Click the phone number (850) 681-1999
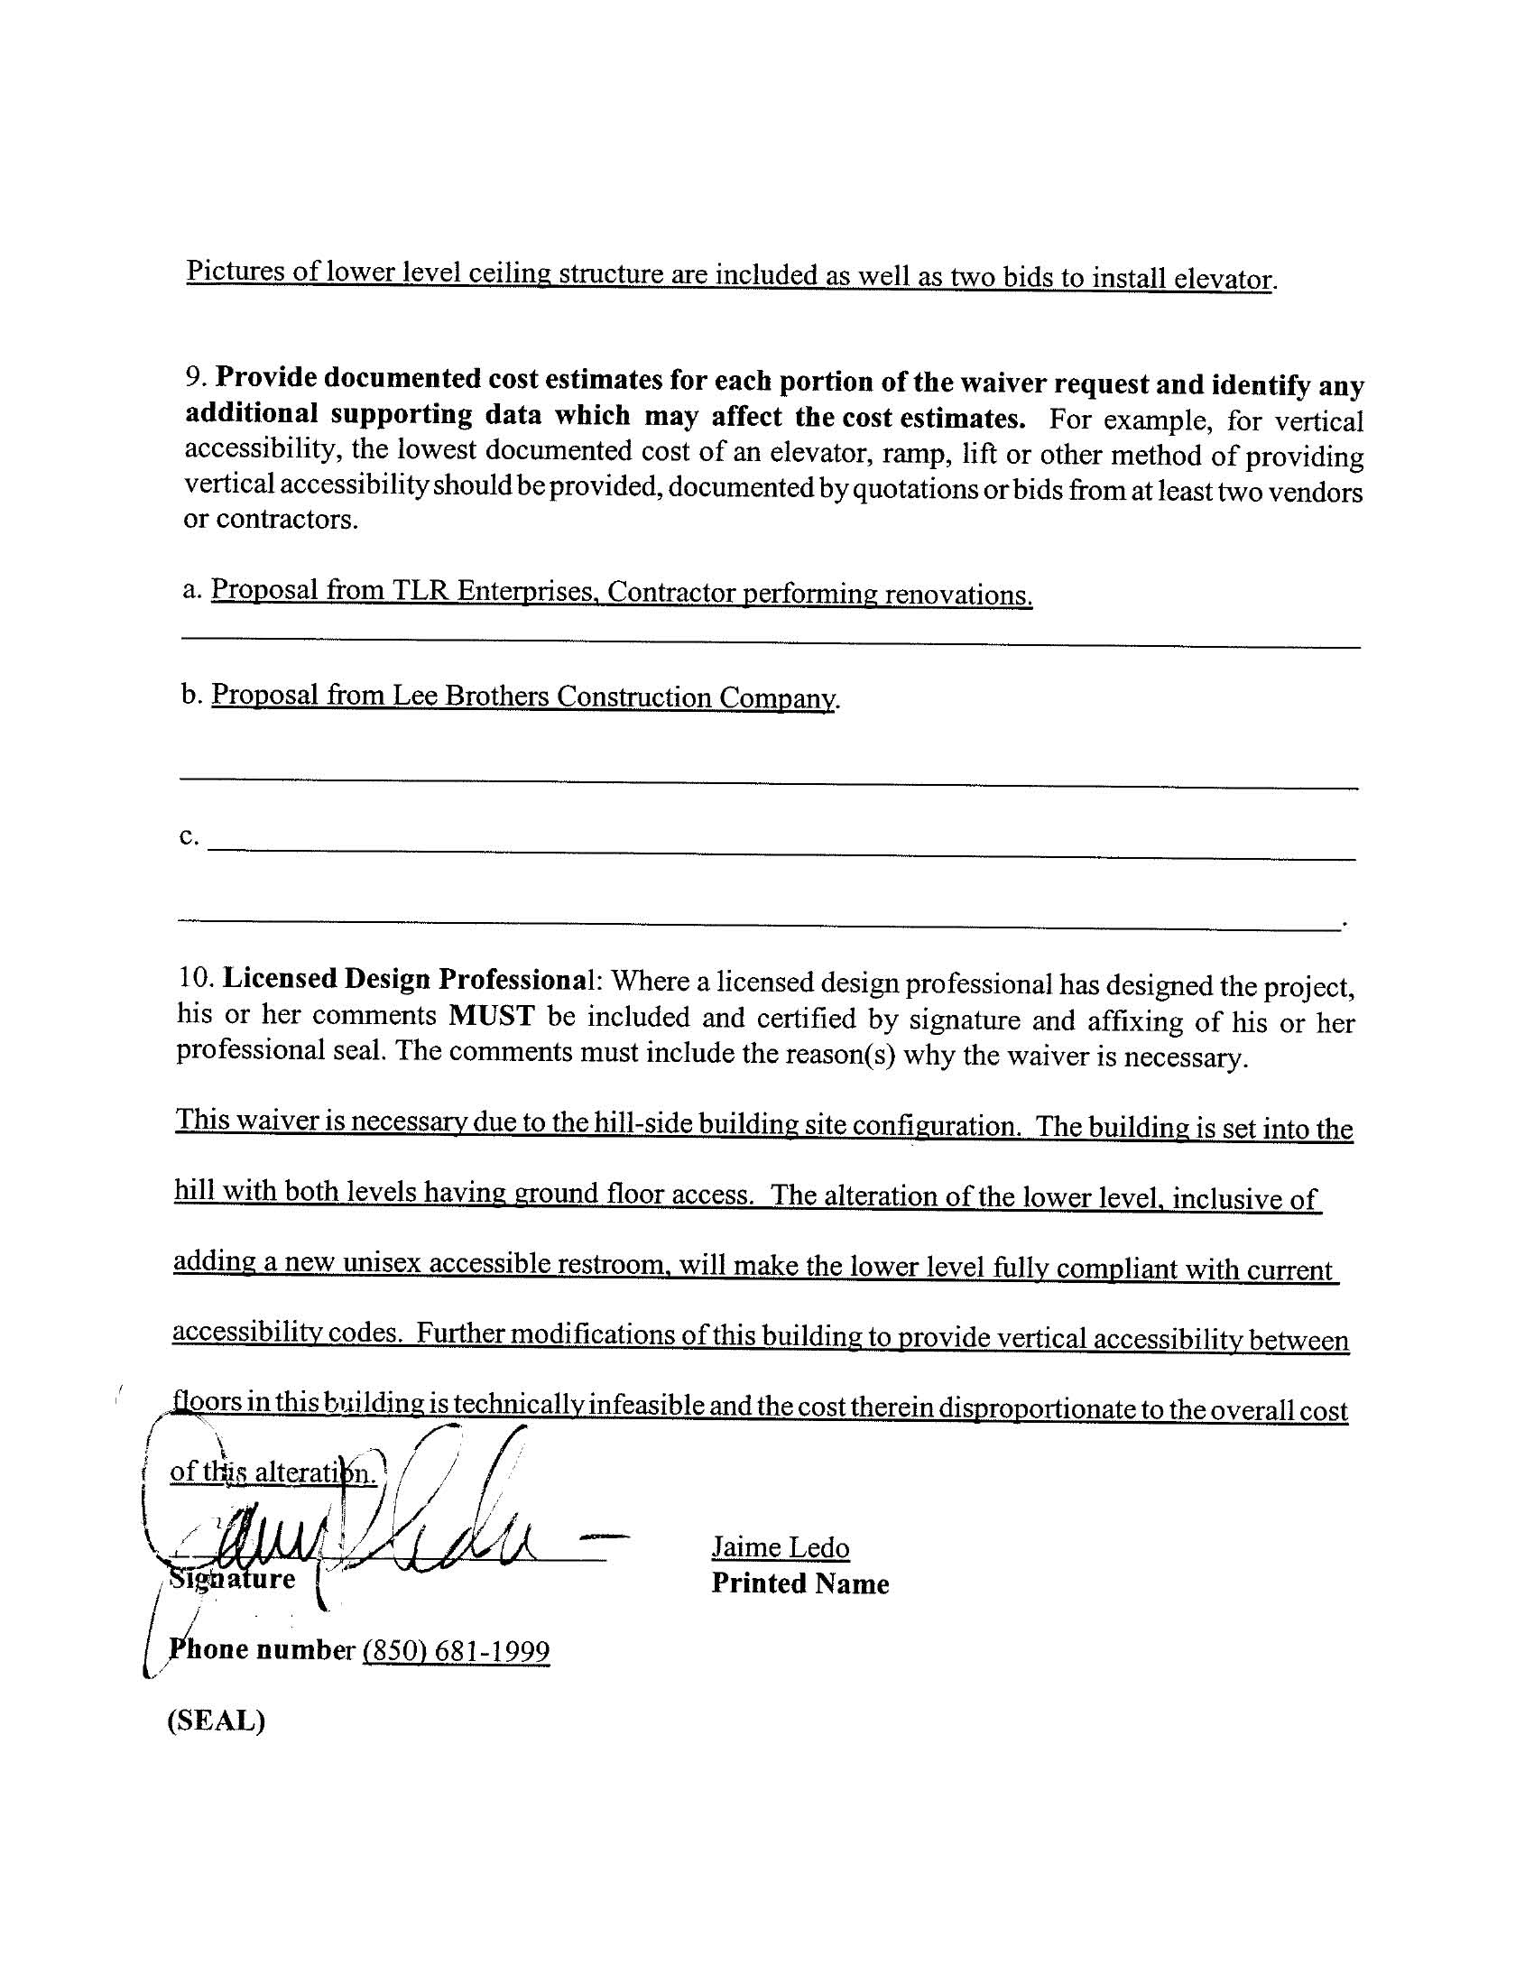pyautogui.click(x=457, y=1650)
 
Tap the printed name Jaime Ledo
pyautogui.click(x=780, y=1547)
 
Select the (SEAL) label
pyautogui.click(x=216, y=1721)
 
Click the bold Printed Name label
pyautogui.click(x=799, y=1583)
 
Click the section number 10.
pyautogui.click(x=196, y=978)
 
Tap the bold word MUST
pyautogui.click(x=492, y=1016)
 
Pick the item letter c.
pyautogui.click(x=188, y=835)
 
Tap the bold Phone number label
pyautogui.click(x=261, y=1649)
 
